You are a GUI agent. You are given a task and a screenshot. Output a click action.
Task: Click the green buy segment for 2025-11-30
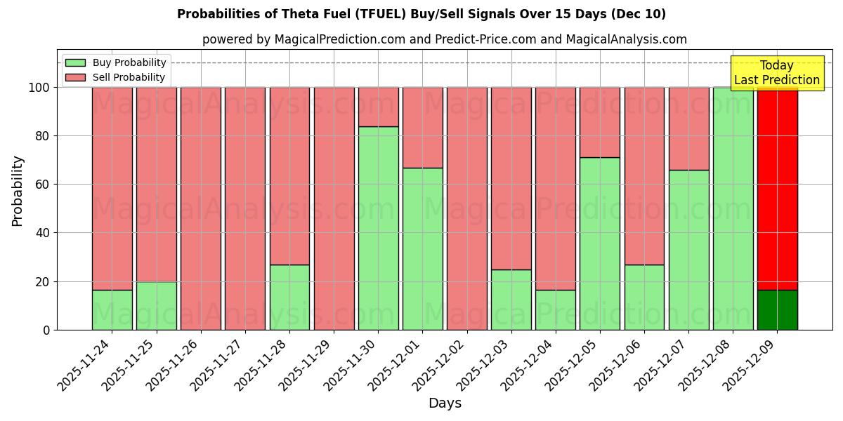click(378, 228)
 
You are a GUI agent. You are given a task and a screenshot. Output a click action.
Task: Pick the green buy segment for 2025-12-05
click(600, 243)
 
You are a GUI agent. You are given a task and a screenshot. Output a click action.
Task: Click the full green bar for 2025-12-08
click(733, 208)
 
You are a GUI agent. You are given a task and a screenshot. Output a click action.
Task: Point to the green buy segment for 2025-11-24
click(112, 309)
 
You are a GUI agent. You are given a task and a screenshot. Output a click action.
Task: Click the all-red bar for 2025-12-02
click(466, 208)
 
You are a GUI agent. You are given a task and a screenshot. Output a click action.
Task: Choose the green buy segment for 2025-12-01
click(422, 248)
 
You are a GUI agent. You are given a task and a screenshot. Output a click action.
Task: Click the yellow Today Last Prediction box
click(776, 73)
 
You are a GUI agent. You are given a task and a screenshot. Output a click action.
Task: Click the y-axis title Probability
click(18, 191)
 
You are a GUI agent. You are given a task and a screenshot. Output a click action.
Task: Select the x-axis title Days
click(445, 403)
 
